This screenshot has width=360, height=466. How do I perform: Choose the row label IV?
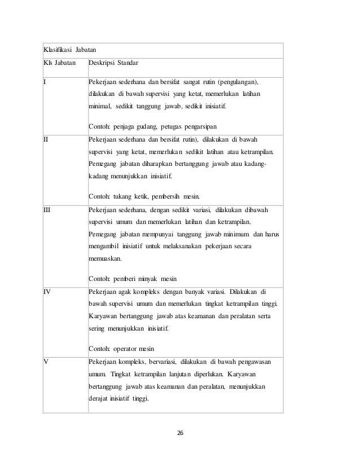(48, 292)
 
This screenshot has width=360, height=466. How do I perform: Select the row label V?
(46, 362)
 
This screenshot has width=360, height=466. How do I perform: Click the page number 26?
(180, 433)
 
